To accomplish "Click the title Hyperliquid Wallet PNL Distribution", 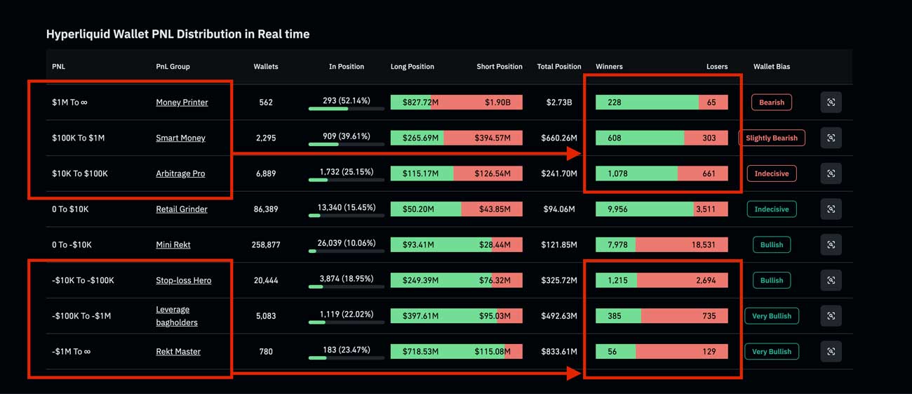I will [x=177, y=34].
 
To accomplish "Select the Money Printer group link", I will [x=182, y=103].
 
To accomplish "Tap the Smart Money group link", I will [x=180, y=138].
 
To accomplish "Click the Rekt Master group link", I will [x=178, y=351].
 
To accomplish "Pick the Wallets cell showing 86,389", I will [x=266, y=209].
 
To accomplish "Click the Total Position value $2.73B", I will [x=558, y=103].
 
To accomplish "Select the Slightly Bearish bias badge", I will [x=771, y=138].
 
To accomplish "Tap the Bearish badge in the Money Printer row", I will [x=771, y=103].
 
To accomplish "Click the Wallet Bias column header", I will [x=771, y=67].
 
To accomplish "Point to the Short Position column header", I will [x=499, y=67].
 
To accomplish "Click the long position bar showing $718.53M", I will [x=420, y=351].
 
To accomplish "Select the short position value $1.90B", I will [x=497, y=103].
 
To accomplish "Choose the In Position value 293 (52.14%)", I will [x=346, y=101].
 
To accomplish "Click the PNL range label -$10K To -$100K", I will [x=83, y=280].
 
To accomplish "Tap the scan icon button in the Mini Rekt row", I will [x=831, y=244].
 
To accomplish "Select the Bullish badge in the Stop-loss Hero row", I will [x=771, y=280].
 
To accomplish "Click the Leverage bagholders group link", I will [x=176, y=316].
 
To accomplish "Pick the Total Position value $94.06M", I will [x=558, y=209].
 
